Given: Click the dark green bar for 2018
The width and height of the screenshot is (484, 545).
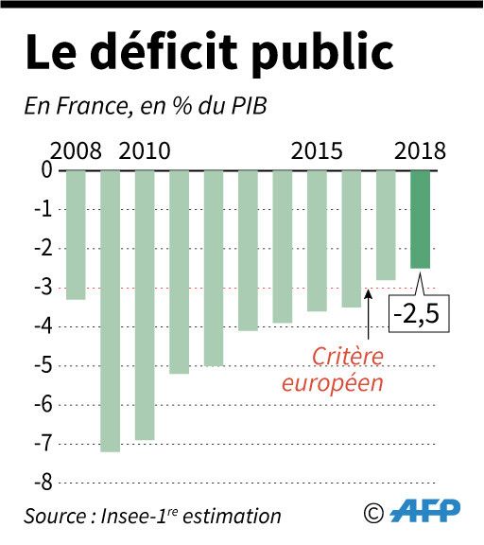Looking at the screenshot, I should click(420, 219).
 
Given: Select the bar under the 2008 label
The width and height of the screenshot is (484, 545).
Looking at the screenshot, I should click(76, 234).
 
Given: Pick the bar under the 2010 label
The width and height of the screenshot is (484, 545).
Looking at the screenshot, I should click(145, 304).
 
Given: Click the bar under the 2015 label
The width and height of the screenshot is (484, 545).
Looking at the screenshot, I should click(317, 240).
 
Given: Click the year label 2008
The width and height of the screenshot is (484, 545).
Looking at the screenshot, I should click(75, 151).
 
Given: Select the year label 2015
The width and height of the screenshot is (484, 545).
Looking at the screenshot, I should click(317, 151).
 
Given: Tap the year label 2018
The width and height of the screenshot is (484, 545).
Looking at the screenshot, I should click(420, 151).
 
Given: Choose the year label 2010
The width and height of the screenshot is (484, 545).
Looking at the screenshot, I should click(145, 151).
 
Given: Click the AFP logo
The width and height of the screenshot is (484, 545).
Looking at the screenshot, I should click(426, 512).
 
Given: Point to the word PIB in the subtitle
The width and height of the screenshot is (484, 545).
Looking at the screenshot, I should click(246, 105).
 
